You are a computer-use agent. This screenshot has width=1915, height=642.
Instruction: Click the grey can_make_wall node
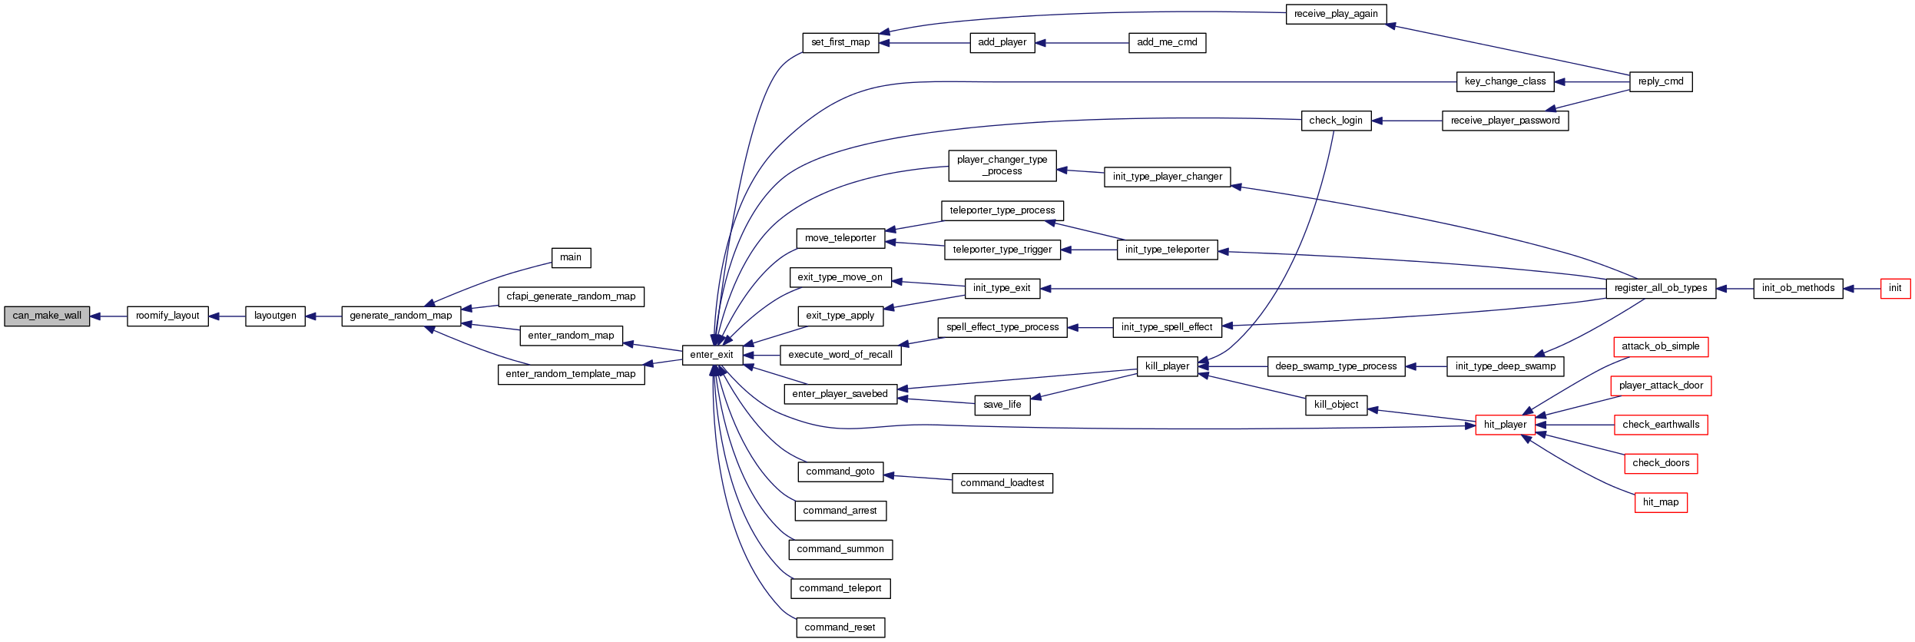tap(47, 316)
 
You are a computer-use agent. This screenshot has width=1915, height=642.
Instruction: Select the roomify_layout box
tap(167, 316)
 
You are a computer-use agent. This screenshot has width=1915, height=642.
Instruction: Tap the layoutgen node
tap(275, 316)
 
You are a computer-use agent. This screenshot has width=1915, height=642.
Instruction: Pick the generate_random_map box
tap(401, 316)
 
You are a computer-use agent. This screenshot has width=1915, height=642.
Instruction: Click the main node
tap(571, 257)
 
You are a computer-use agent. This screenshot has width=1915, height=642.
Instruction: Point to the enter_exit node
tap(712, 355)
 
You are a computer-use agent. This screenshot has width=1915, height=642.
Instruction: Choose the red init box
tap(1895, 289)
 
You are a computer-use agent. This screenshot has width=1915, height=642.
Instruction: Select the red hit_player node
tap(1505, 425)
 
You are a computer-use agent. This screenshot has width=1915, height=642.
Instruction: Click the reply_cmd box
tap(1660, 81)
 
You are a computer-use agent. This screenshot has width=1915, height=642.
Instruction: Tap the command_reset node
tap(840, 627)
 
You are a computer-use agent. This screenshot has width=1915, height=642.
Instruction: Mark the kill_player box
tap(1167, 366)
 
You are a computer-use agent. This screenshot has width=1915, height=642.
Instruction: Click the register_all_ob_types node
tap(1660, 289)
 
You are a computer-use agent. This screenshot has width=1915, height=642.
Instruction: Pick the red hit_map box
tap(1660, 502)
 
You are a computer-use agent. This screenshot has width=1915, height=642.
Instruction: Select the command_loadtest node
tap(1002, 483)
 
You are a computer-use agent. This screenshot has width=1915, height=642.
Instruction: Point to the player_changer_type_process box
tap(1002, 166)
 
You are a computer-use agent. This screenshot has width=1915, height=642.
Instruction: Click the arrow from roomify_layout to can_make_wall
tap(108, 316)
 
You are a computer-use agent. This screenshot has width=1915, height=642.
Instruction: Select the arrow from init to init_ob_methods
tap(1861, 289)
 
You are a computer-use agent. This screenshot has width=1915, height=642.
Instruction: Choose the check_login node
tap(1336, 121)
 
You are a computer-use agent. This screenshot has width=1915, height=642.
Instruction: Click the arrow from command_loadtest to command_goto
tap(918, 478)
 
